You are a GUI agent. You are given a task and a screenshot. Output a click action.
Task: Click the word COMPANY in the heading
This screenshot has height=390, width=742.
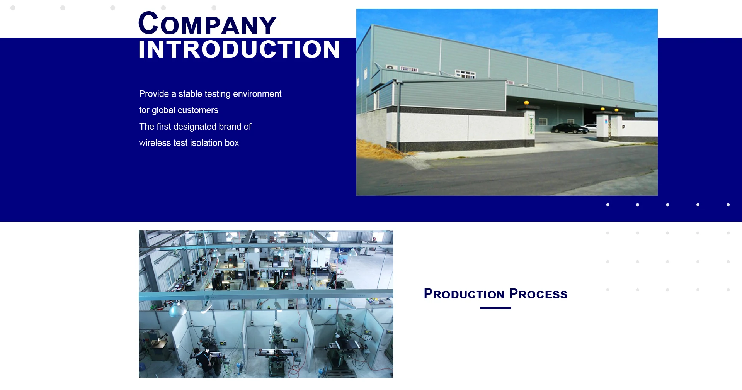pyautogui.click(x=207, y=24)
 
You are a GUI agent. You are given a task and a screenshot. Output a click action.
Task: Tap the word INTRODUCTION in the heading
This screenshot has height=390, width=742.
pyautogui.click(x=239, y=49)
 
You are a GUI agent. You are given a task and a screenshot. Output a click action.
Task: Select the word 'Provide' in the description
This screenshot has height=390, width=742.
pyautogui.click(x=154, y=94)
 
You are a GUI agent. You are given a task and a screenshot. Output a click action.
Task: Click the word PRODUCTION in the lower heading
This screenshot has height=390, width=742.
pyautogui.click(x=464, y=294)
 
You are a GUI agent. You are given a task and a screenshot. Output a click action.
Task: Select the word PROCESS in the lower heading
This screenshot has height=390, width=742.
pyautogui.click(x=538, y=294)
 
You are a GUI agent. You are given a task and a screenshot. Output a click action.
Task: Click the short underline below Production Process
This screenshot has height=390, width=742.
pyautogui.click(x=495, y=308)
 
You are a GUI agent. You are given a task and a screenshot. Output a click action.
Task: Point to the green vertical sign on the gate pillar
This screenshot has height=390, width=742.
pyautogui.click(x=531, y=125)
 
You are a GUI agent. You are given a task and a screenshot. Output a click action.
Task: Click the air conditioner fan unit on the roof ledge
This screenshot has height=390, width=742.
pyautogui.click(x=391, y=67)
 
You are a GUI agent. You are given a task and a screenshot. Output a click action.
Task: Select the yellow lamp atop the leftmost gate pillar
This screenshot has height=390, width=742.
pyautogui.click(x=526, y=103)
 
